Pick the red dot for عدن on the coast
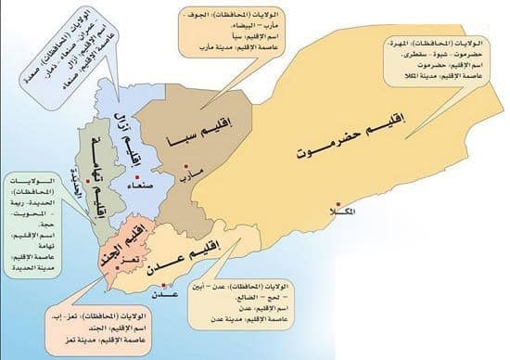[167, 282]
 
